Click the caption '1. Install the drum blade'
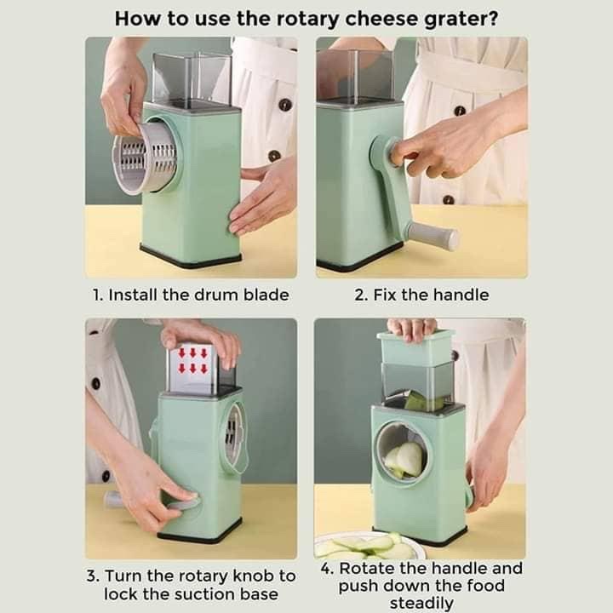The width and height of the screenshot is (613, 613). [191, 295]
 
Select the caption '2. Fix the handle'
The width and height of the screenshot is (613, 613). [421, 295]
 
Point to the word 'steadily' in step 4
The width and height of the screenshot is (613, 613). [421, 603]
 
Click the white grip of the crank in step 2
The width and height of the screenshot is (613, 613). [432, 236]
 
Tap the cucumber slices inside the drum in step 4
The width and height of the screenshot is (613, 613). [405, 458]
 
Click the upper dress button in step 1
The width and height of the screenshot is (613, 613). [284, 104]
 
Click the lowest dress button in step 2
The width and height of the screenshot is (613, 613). [449, 200]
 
